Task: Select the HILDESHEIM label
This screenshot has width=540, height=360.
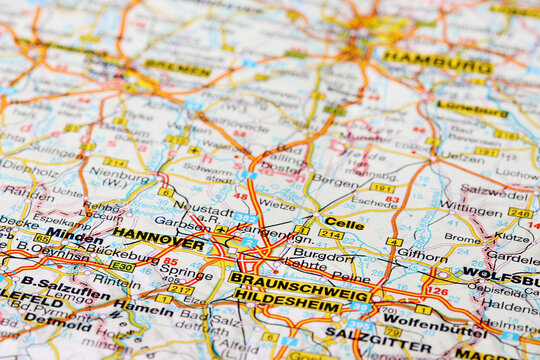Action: pyautogui.click(x=287, y=300)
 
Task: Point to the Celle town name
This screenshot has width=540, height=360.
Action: pyautogui.click(x=344, y=224)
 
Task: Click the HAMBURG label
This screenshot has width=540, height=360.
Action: pyautogui.click(x=437, y=62)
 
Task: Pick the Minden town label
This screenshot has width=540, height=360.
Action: pyautogui.click(x=73, y=236)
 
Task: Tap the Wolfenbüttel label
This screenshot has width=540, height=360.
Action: pyautogui.click(x=421, y=327)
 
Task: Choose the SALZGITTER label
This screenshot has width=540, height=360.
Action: pyautogui.click(x=378, y=343)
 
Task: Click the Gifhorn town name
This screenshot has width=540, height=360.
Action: pyautogui.click(x=421, y=257)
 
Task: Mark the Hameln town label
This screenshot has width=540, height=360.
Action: pyautogui.click(x=143, y=307)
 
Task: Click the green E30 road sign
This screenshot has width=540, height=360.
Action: pyautogui.click(x=121, y=267)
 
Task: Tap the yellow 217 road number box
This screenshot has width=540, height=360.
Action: pyautogui.click(x=181, y=289)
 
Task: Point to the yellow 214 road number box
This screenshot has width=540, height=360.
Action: pyautogui.click(x=331, y=234)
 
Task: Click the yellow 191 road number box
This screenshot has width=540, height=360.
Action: pyautogui.click(x=382, y=187)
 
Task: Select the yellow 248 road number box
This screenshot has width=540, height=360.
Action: pyautogui.click(x=520, y=213)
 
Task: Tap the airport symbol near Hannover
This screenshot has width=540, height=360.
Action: pyautogui.click(x=221, y=229)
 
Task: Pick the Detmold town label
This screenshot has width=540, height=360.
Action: pyautogui.click(x=44, y=319)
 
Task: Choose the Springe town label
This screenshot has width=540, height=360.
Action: pyautogui.click(x=186, y=271)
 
